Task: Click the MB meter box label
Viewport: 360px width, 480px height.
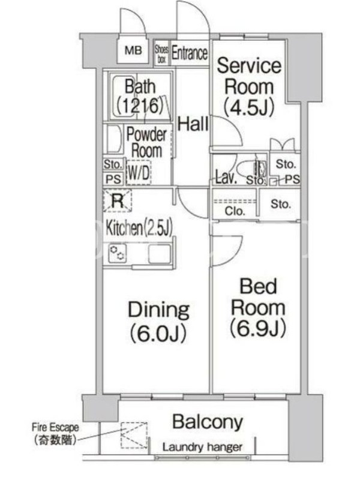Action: pyautogui.click(x=133, y=50)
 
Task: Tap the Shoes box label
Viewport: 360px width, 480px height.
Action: pyautogui.click(x=161, y=54)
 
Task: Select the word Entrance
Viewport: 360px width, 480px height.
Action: pyautogui.click(x=190, y=53)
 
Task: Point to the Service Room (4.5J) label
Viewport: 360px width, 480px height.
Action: pyautogui.click(x=248, y=86)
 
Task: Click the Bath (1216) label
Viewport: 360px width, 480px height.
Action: pyautogui.click(x=140, y=96)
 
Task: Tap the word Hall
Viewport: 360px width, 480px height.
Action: pyautogui.click(x=193, y=124)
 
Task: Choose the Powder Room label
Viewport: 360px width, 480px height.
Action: pyautogui.click(x=146, y=142)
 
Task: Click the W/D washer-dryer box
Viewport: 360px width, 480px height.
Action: pyautogui.click(x=139, y=172)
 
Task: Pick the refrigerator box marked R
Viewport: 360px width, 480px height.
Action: pyautogui.click(x=118, y=200)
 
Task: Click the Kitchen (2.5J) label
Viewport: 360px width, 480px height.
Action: pyautogui.click(x=139, y=227)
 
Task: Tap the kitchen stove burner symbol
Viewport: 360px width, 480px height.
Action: pyautogui.click(x=118, y=253)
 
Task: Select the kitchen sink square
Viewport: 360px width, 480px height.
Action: pyautogui.click(x=160, y=253)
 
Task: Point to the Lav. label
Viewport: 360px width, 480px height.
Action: pyautogui.click(x=226, y=177)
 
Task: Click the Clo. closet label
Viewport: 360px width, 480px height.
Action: pyautogui.click(x=235, y=211)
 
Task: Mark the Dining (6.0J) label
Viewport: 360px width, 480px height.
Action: pyautogui.click(x=158, y=322)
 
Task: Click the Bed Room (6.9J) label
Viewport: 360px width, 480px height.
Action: pyautogui.click(x=258, y=307)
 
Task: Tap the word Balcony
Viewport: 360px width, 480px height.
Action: pyautogui.click(x=208, y=422)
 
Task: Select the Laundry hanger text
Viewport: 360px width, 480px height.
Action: pyautogui.click(x=202, y=447)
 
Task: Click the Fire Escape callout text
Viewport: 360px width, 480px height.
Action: pyautogui.click(x=55, y=434)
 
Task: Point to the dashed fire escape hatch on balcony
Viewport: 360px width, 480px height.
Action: pyautogui.click(x=134, y=435)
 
